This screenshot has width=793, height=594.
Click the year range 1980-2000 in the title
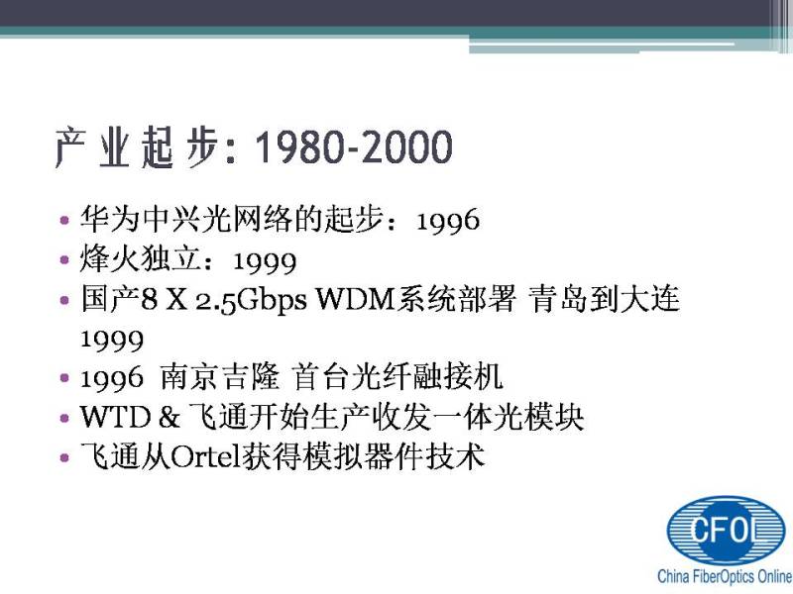(x=354, y=147)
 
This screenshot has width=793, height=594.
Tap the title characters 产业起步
(x=137, y=147)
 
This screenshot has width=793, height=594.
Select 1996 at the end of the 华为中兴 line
(x=448, y=220)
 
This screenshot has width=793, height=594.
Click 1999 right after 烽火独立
(x=265, y=261)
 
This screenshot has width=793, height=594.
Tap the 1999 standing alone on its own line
(x=112, y=340)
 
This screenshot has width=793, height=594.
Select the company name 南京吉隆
(x=220, y=377)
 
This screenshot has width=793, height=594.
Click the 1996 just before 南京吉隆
(x=112, y=378)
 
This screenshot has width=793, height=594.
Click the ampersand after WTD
(x=169, y=417)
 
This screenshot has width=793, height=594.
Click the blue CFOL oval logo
(x=726, y=530)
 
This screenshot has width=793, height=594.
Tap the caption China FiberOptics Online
(x=725, y=576)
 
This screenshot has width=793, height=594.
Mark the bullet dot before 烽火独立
(x=64, y=260)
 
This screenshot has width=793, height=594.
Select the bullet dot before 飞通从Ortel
(x=64, y=457)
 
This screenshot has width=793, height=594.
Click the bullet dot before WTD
(x=64, y=418)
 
